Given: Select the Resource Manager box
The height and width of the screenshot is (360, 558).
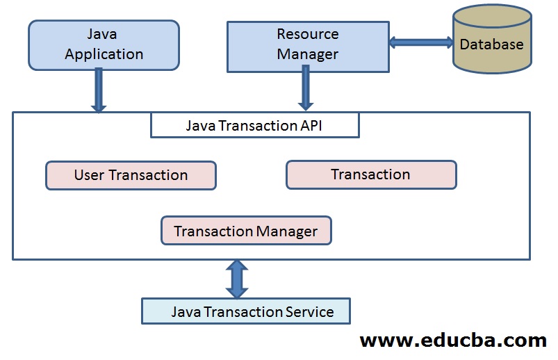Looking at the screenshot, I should click(x=308, y=45).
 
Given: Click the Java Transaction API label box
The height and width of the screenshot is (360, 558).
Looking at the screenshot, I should click(x=255, y=126).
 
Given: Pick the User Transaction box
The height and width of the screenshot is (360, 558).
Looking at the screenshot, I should click(x=131, y=175).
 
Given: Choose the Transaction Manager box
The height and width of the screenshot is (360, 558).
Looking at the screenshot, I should click(x=246, y=231).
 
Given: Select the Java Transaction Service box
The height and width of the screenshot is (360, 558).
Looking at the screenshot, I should click(x=246, y=311).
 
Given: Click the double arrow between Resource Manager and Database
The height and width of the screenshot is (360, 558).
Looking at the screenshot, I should click(x=421, y=42).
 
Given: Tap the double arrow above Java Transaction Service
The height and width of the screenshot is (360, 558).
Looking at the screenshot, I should click(x=237, y=279).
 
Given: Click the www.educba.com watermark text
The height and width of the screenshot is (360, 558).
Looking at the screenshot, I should click(x=453, y=341).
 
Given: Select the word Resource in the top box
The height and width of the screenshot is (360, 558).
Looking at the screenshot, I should click(x=308, y=34).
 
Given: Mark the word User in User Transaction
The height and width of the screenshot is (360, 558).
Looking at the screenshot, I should click(x=89, y=175).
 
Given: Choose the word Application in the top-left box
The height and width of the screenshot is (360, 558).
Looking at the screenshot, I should click(x=104, y=54).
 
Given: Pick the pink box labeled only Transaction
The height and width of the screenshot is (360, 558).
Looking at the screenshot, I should click(x=371, y=174).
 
